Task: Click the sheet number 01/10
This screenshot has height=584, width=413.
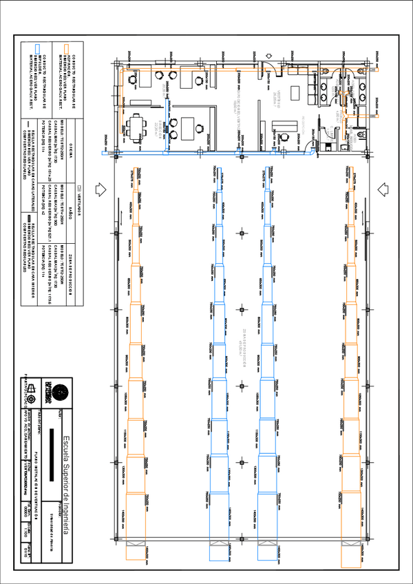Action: [x=25, y=551]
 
